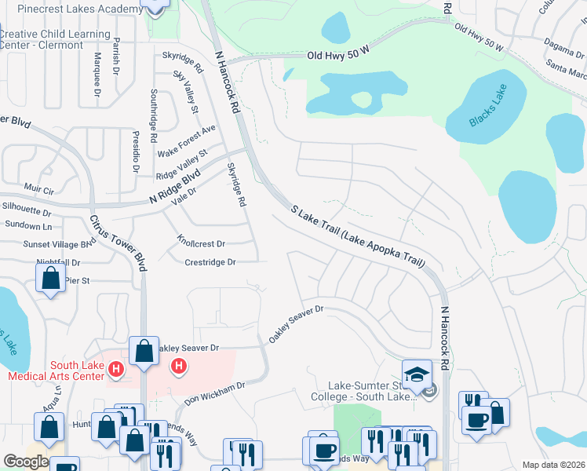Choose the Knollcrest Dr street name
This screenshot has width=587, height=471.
[201, 244]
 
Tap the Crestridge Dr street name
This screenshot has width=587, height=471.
[210, 262]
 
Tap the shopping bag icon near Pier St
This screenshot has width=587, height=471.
[50, 278]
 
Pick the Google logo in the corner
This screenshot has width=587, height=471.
[26, 462]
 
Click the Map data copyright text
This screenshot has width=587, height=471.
[553, 465]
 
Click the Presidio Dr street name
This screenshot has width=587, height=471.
[135, 152]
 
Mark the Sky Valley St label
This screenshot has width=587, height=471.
[185, 90]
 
